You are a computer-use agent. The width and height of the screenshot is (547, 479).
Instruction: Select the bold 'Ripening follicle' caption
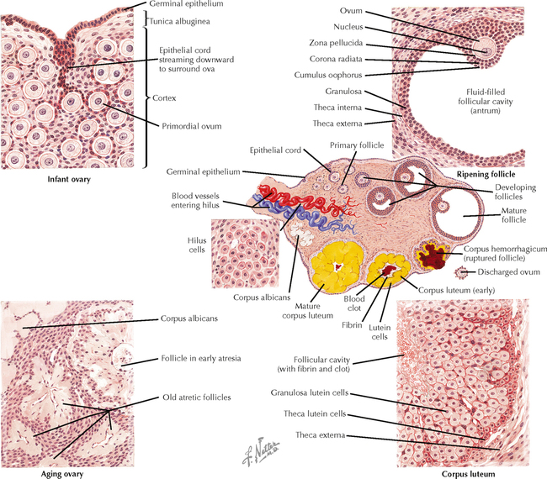[x=486, y=174]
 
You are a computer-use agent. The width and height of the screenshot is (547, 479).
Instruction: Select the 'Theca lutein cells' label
[x=307, y=414]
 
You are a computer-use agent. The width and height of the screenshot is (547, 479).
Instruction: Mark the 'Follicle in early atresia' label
[x=200, y=358]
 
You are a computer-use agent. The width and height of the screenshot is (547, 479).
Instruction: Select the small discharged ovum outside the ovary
[x=460, y=273]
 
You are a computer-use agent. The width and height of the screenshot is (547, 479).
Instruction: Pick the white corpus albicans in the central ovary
[x=297, y=244]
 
